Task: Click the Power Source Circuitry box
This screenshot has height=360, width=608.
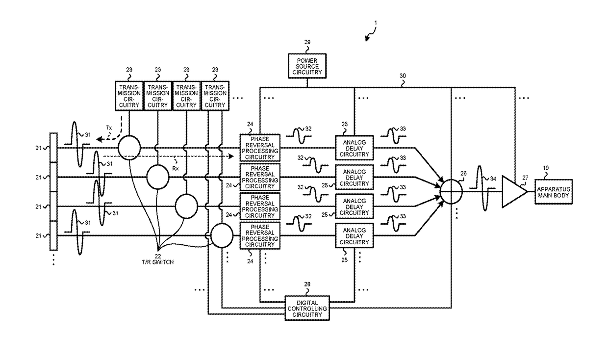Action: point(307,66)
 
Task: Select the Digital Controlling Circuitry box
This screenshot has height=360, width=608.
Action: point(307,308)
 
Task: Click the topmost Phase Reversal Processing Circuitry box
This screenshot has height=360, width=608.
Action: point(259,147)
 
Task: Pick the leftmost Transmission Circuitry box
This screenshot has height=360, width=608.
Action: point(129,95)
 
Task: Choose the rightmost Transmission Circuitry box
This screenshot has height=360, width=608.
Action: point(215,95)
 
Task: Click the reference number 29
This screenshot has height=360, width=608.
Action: point(307,43)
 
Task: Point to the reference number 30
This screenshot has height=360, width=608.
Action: point(403,77)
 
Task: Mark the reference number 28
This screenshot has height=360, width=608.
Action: point(307,284)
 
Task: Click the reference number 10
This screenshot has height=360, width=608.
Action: point(545,168)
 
